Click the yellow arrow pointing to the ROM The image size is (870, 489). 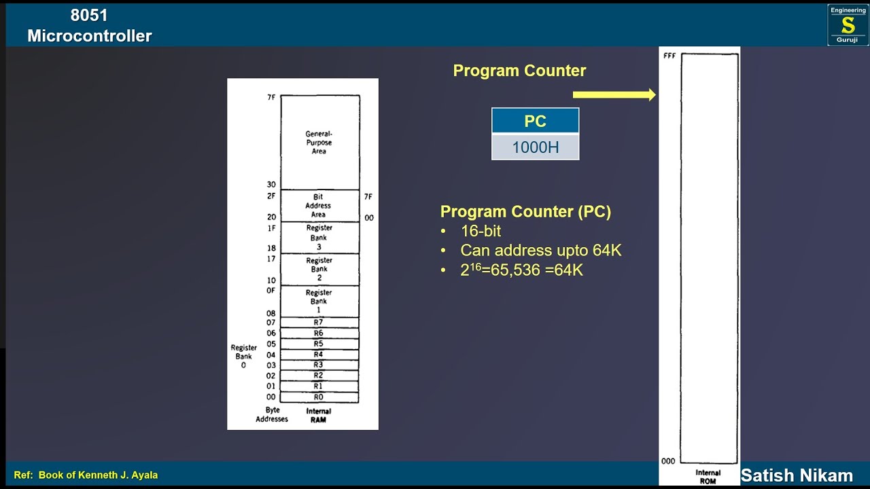coord(614,95)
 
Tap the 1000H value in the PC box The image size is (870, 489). coord(535,147)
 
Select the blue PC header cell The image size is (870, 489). coord(535,121)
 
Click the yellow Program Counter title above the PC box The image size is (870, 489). coord(519,71)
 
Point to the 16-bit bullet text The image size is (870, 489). coord(481,231)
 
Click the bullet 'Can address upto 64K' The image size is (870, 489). coord(540,251)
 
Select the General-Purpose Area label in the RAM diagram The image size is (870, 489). coord(319,143)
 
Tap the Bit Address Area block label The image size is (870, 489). coord(318,206)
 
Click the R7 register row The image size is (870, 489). coord(319,323)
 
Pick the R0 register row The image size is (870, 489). coord(319,397)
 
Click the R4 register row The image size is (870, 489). coord(319,355)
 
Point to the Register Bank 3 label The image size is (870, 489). coord(319,238)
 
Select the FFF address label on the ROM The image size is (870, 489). coord(669,56)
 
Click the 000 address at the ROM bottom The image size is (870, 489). coord(669,461)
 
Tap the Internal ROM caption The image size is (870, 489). coord(708,477)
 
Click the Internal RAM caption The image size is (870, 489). coord(318,415)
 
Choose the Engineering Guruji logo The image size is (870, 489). coord(848,25)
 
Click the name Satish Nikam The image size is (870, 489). coord(797,475)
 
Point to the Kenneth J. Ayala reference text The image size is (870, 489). coord(86,475)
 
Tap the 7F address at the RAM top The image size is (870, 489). coord(271,98)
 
